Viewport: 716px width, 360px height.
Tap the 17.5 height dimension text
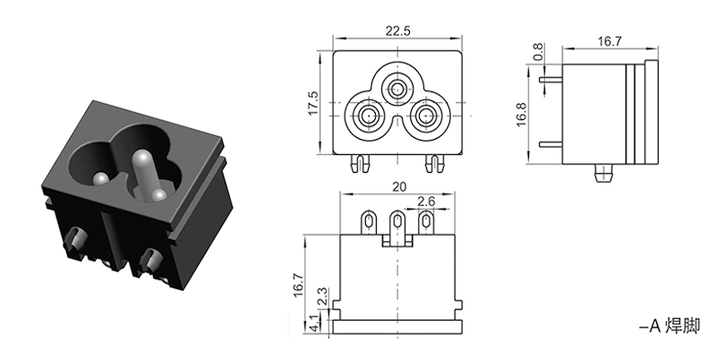tap(313, 101)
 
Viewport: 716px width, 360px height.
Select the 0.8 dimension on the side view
tap(537, 53)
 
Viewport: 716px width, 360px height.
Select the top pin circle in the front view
tap(396, 89)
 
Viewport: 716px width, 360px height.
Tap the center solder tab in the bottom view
tap(396, 221)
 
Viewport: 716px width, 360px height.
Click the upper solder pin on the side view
tap(550, 78)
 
